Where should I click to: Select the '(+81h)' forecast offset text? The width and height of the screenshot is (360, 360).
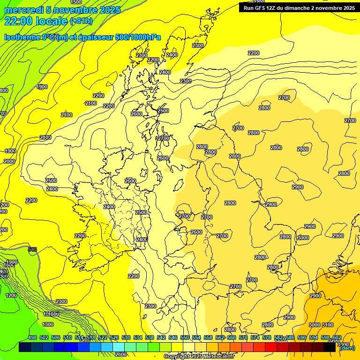point(81,21)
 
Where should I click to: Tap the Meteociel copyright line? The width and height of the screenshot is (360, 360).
point(199,357)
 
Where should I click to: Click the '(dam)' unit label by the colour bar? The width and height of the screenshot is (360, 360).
point(346,348)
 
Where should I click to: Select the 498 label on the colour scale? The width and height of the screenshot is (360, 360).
point(32,338)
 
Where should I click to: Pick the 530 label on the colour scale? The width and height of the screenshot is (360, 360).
point(126,338)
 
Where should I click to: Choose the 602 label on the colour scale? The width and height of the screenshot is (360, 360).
point(337,338)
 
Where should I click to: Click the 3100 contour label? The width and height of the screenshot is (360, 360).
point(328,325)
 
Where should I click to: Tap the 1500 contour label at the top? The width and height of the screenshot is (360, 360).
point(75,2)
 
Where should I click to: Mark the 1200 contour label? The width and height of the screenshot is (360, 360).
point(11,295)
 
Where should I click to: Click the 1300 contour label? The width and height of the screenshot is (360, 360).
point(48,324)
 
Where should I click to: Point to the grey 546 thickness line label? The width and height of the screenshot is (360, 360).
point(32,249)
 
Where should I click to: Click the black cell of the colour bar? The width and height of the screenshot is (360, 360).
point(330,347)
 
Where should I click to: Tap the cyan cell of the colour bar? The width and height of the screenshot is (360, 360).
point(119,347)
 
